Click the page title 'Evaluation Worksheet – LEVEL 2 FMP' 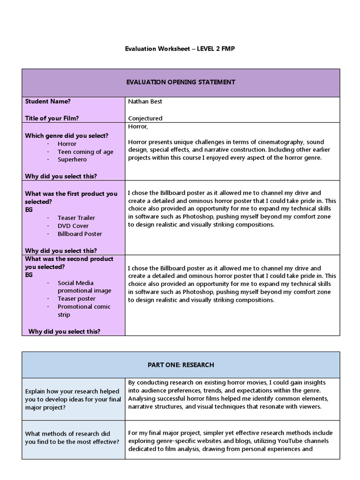coord(180,49)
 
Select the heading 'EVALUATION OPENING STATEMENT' coord(180,82)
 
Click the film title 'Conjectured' coord(145,118)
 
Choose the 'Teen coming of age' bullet coord(85,152)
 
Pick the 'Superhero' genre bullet coord(72,160)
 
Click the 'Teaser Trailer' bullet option coord(76,218)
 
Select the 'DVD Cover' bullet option coord(73,226)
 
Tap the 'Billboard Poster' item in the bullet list coord(80,234)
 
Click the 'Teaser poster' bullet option coord(76,299)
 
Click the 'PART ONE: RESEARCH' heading coord(180,365)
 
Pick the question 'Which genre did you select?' coord(67,136)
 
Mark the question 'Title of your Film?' coord(52,118)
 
